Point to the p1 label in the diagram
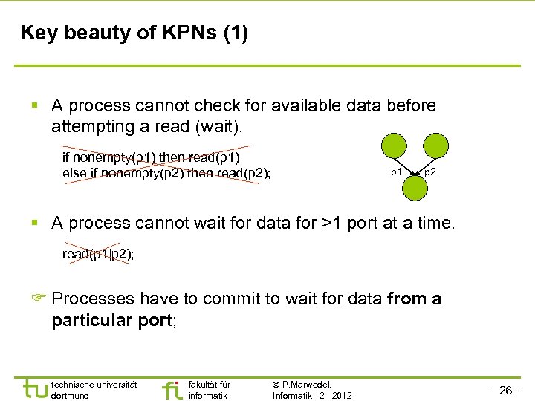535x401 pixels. point(397,172)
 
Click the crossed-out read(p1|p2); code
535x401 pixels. point(98,254)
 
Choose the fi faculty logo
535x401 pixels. point(172,390)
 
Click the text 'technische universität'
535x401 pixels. point(94,384)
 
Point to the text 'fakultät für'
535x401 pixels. point(210,384)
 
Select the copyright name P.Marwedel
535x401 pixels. point(307,384)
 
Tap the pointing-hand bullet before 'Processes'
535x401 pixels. point(39,299)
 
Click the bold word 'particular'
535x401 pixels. point(93,320)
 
